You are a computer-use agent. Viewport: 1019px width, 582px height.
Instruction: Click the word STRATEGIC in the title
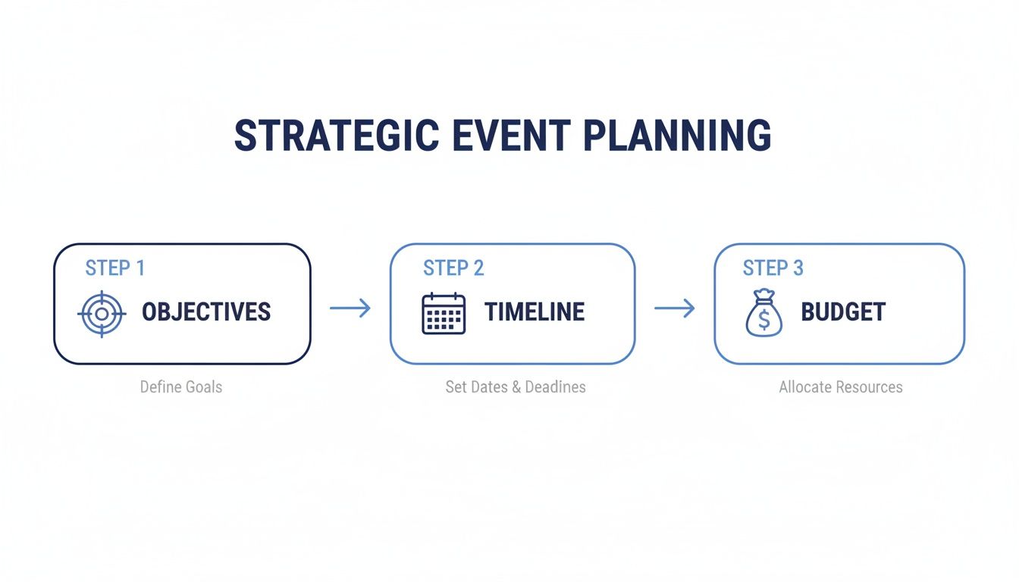[336, 136]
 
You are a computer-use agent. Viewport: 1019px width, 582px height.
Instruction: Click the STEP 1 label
[114, 268]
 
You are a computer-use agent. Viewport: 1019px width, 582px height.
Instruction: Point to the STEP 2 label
[453, 268]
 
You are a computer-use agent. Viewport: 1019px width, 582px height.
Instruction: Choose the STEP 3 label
[773, 268]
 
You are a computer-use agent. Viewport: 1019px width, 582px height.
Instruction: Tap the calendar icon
[443, 313]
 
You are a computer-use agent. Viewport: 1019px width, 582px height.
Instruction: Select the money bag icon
[763, 313]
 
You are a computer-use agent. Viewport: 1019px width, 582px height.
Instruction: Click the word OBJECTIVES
[206, 312]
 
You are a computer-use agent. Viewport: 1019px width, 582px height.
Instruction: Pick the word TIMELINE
[535, 312]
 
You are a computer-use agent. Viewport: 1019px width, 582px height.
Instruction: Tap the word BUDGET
[843, 312]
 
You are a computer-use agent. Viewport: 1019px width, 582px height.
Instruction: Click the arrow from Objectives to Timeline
[350, 308]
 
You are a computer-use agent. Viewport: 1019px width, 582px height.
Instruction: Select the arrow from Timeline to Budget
[674, 308]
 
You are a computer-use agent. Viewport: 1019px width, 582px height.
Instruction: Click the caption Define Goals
[181, 387]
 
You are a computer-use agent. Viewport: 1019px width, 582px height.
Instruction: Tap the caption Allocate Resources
[840, 387]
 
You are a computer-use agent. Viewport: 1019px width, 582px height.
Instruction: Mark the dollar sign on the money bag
[763, 321]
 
